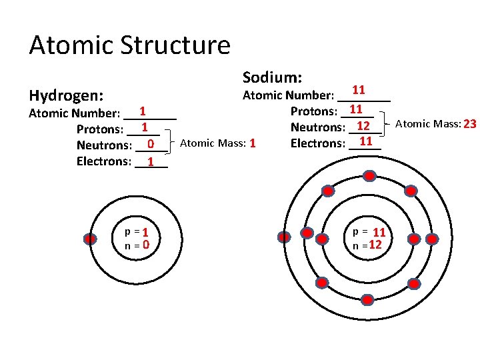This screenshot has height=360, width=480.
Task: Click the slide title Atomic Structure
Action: pyautogui.click(x=129, y=45)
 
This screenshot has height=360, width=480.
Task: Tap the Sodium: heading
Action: pyautogui.click(x=272, y=77)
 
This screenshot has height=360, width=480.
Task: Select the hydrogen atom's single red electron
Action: pyautogui.click(x=90, y=239)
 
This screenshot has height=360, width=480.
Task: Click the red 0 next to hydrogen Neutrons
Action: pyautogui.click(x=151, y=145)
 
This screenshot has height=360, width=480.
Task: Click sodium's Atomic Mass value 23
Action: pyautogui.click(x=469, y=124)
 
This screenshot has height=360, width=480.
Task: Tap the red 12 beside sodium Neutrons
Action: pyautogui.click(x=363, y=127)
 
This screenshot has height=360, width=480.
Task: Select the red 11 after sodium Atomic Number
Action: pyautogui.click(x=358, y=90)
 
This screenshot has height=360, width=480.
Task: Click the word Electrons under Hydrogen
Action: pyautogui.click(x=103, y=161)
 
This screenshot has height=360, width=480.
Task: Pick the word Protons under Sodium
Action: pyautogui.click(x=313, y=111)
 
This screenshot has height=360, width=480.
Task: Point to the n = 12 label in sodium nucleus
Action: pyautogui.click(x=367, y=245)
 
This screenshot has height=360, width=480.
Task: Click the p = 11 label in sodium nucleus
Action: pyautogui.click(x=369, y=232)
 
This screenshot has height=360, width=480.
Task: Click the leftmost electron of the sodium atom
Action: pyautogui.click(x=285, y=237)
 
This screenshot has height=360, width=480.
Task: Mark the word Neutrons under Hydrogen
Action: pyautogui.click(x=103, y=145)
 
